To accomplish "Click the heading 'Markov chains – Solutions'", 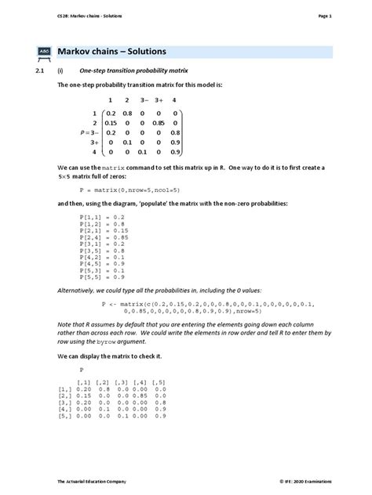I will [x=112, y=52].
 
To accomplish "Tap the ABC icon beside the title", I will [x=44, y=52].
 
